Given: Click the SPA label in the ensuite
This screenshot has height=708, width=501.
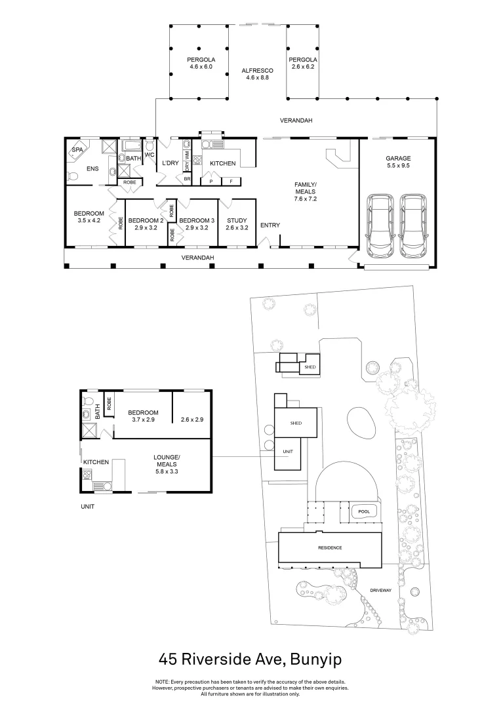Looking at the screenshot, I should tap(78, 149).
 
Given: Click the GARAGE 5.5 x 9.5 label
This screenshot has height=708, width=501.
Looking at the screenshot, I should tap(397, 162).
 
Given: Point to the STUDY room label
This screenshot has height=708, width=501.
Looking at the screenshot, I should tap(236, 224).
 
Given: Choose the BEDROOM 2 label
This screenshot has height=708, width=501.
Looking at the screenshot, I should tap(146, 224).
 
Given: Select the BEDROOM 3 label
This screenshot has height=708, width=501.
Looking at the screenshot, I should tap(197, 224).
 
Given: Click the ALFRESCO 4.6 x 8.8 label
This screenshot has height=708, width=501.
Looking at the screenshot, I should tap(258, 73).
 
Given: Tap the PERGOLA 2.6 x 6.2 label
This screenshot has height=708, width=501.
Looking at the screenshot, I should tap(302, 63).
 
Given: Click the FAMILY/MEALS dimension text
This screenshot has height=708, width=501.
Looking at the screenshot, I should tap(306, 199).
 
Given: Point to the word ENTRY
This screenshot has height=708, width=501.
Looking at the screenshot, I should tap(270, 226).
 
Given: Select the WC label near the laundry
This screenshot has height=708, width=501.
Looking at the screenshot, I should tap(149, 155).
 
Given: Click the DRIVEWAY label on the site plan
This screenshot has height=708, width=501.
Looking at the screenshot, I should tap(380, 590).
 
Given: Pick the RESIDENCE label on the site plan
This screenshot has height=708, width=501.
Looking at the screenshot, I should tap(330, 547).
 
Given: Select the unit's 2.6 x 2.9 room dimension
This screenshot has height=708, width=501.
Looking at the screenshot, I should tap(192, 419).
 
